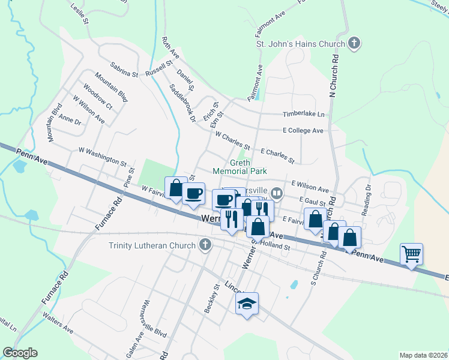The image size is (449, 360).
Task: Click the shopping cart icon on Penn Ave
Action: pos(411,253)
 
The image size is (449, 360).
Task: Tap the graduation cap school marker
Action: pos(246,304)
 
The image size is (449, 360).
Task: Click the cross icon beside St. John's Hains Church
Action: pos(354,43)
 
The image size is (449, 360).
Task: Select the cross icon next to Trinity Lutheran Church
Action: pos(205,245)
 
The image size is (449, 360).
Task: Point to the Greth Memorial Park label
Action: pos(240,166)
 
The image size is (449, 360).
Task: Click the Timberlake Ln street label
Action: pos(303,114)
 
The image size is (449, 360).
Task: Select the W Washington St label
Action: pos(103,157)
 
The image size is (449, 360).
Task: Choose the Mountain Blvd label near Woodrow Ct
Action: pos(111,88)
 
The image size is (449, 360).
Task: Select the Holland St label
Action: pos(278,247)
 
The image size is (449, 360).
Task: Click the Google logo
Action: pos(20,353)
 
